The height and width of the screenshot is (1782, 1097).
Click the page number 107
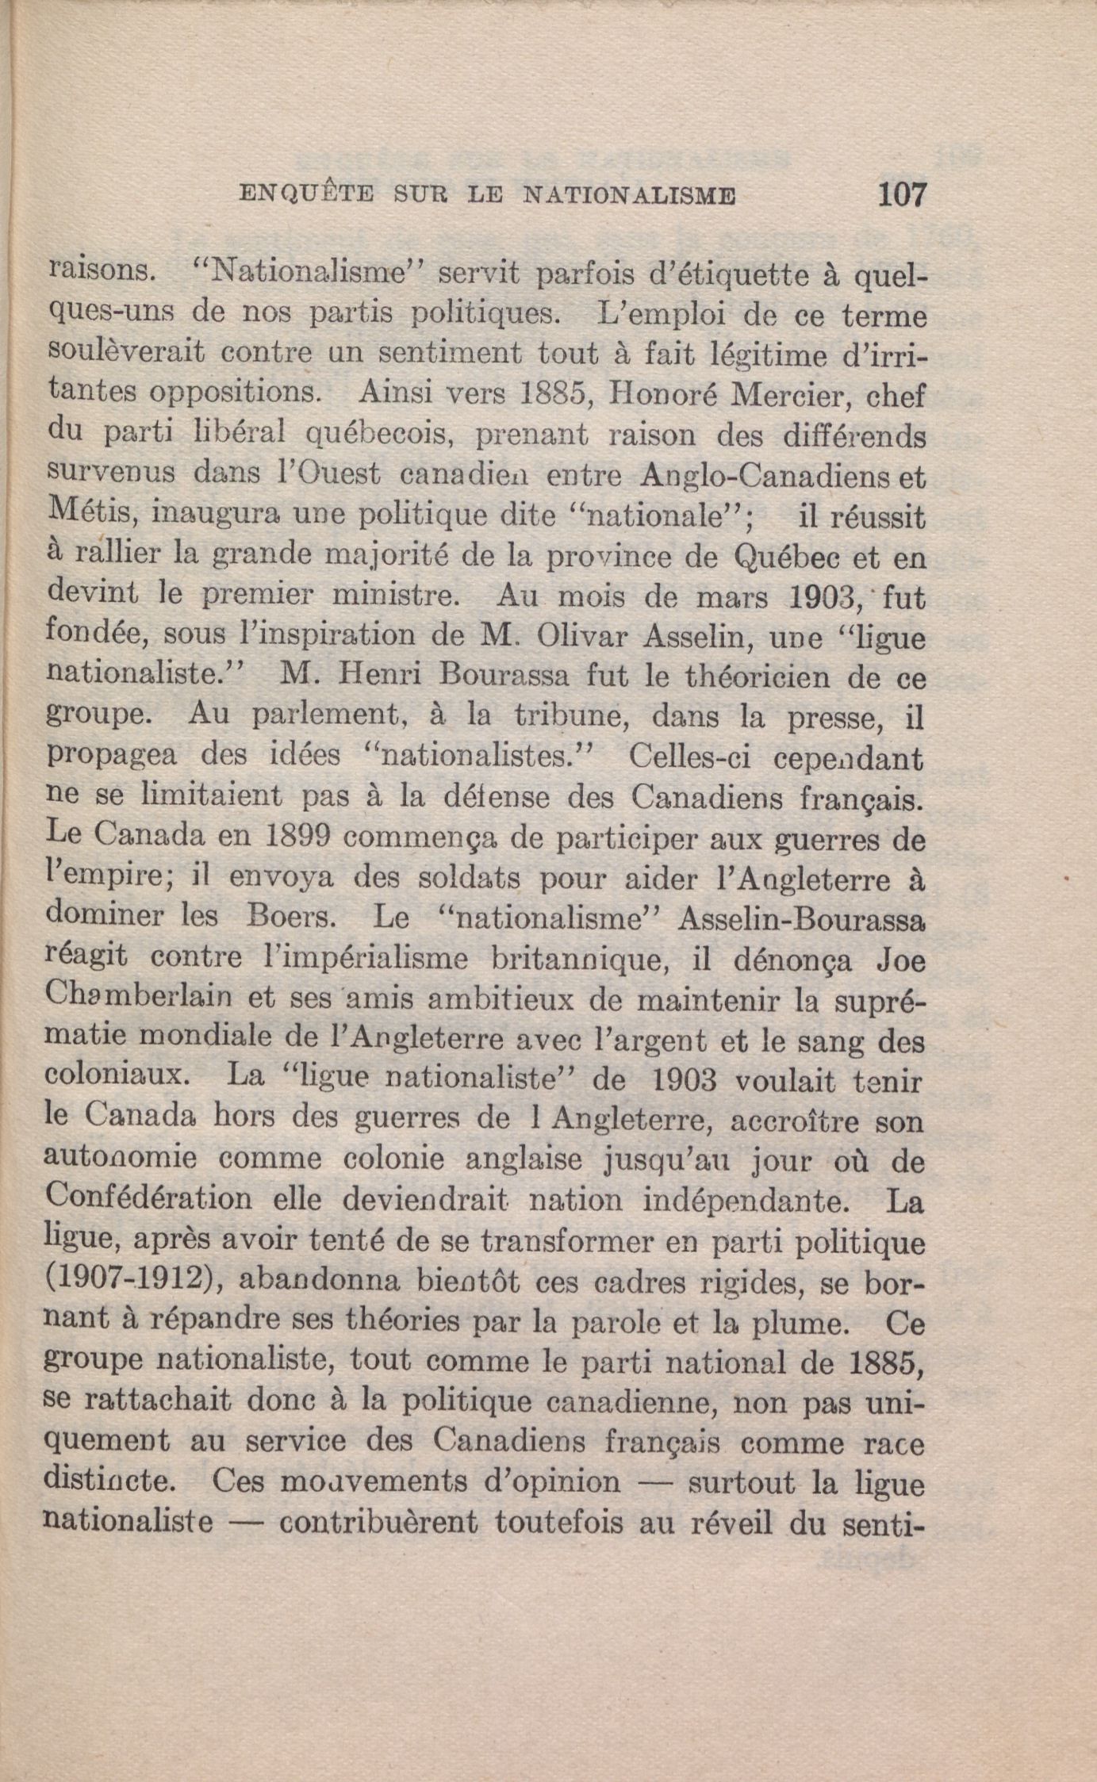pyautogui.click(x=902, y=194)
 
